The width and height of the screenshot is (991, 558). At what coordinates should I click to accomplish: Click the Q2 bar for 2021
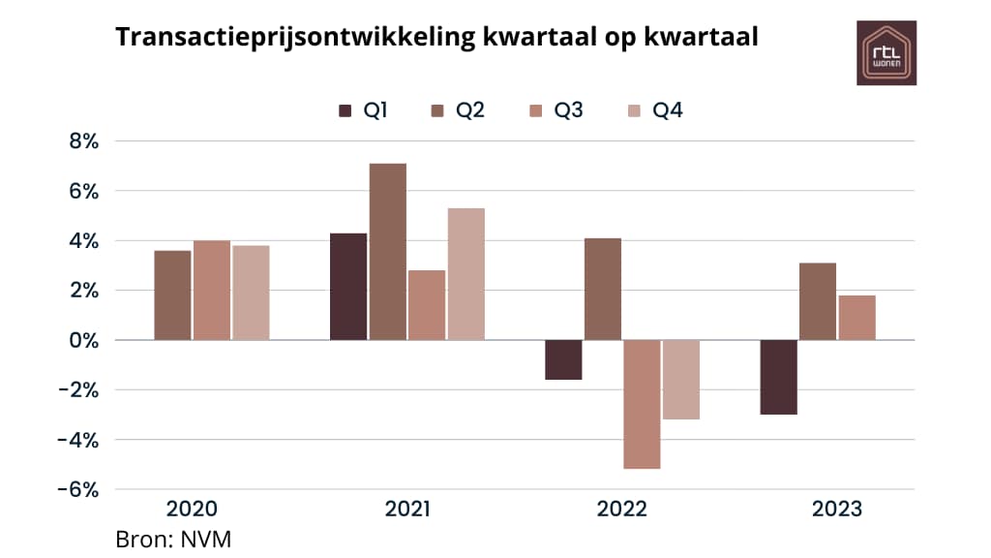click(388, 252)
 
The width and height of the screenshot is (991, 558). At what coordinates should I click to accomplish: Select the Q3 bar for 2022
click(642, 404)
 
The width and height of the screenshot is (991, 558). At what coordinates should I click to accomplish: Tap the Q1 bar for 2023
click(778, 377)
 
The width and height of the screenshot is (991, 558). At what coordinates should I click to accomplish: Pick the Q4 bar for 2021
click(465, 274)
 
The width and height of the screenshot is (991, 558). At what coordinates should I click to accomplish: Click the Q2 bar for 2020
click(172, 295)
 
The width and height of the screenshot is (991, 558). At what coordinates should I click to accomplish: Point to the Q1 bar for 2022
click(563, 359)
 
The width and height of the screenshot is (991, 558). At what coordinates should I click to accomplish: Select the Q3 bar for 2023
click(856, 318)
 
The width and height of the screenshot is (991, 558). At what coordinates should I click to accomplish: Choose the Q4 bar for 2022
click(680, 380)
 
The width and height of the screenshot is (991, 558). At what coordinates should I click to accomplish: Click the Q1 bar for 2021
click(348, 287)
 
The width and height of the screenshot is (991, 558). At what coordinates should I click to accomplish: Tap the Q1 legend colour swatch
click(345, 110)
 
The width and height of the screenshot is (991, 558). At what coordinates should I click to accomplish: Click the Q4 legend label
click(668, 110)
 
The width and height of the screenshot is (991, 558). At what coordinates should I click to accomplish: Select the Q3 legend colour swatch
click(535, 110)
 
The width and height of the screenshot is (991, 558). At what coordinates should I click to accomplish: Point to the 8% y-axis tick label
click(83, 141)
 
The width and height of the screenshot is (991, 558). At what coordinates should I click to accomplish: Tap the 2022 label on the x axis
click(621, 510)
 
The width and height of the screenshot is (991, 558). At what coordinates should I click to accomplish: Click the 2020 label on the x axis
click(192, 510)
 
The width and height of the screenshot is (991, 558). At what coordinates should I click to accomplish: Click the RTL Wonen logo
click(886, 52)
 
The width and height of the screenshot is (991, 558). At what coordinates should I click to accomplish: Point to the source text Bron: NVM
click(173, 539)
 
